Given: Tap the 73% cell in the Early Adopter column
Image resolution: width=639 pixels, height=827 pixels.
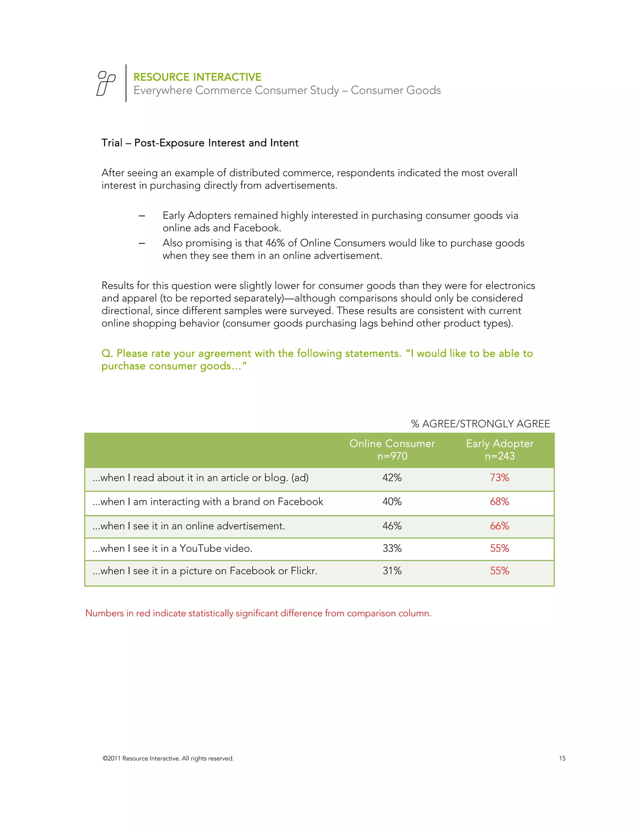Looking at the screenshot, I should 499,477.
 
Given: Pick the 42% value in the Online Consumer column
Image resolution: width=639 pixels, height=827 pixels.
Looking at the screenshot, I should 392,477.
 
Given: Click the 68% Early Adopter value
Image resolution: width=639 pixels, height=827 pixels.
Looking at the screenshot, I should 499,502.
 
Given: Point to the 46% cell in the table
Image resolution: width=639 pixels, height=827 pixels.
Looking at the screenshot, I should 392,526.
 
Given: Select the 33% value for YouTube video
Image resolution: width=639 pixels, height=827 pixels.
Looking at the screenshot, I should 392,548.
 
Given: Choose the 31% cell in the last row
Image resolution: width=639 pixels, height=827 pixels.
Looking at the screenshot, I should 392,571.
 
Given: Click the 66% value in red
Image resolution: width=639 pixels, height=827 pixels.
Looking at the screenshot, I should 499,526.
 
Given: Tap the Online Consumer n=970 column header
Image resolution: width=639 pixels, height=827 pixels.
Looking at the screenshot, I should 392,449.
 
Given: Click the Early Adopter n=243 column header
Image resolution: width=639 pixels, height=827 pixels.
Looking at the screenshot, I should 499,449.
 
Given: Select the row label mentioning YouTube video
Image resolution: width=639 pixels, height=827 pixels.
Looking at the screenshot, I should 172,548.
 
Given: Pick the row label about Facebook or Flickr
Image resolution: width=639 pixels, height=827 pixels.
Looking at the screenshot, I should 205,571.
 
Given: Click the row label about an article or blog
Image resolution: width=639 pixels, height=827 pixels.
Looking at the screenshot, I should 200,477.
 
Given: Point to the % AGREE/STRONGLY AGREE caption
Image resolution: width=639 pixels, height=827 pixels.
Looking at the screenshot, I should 480,423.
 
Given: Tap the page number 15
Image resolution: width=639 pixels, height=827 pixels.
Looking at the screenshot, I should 562,758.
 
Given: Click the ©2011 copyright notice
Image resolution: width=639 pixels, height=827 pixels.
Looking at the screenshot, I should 168,758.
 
